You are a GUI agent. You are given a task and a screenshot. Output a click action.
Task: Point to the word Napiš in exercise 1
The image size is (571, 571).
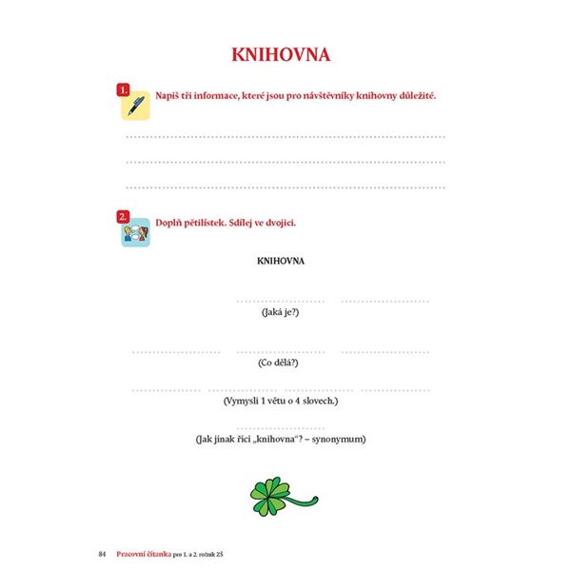(168, 97)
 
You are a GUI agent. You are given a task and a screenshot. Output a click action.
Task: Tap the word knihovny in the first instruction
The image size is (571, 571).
(358, 97)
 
